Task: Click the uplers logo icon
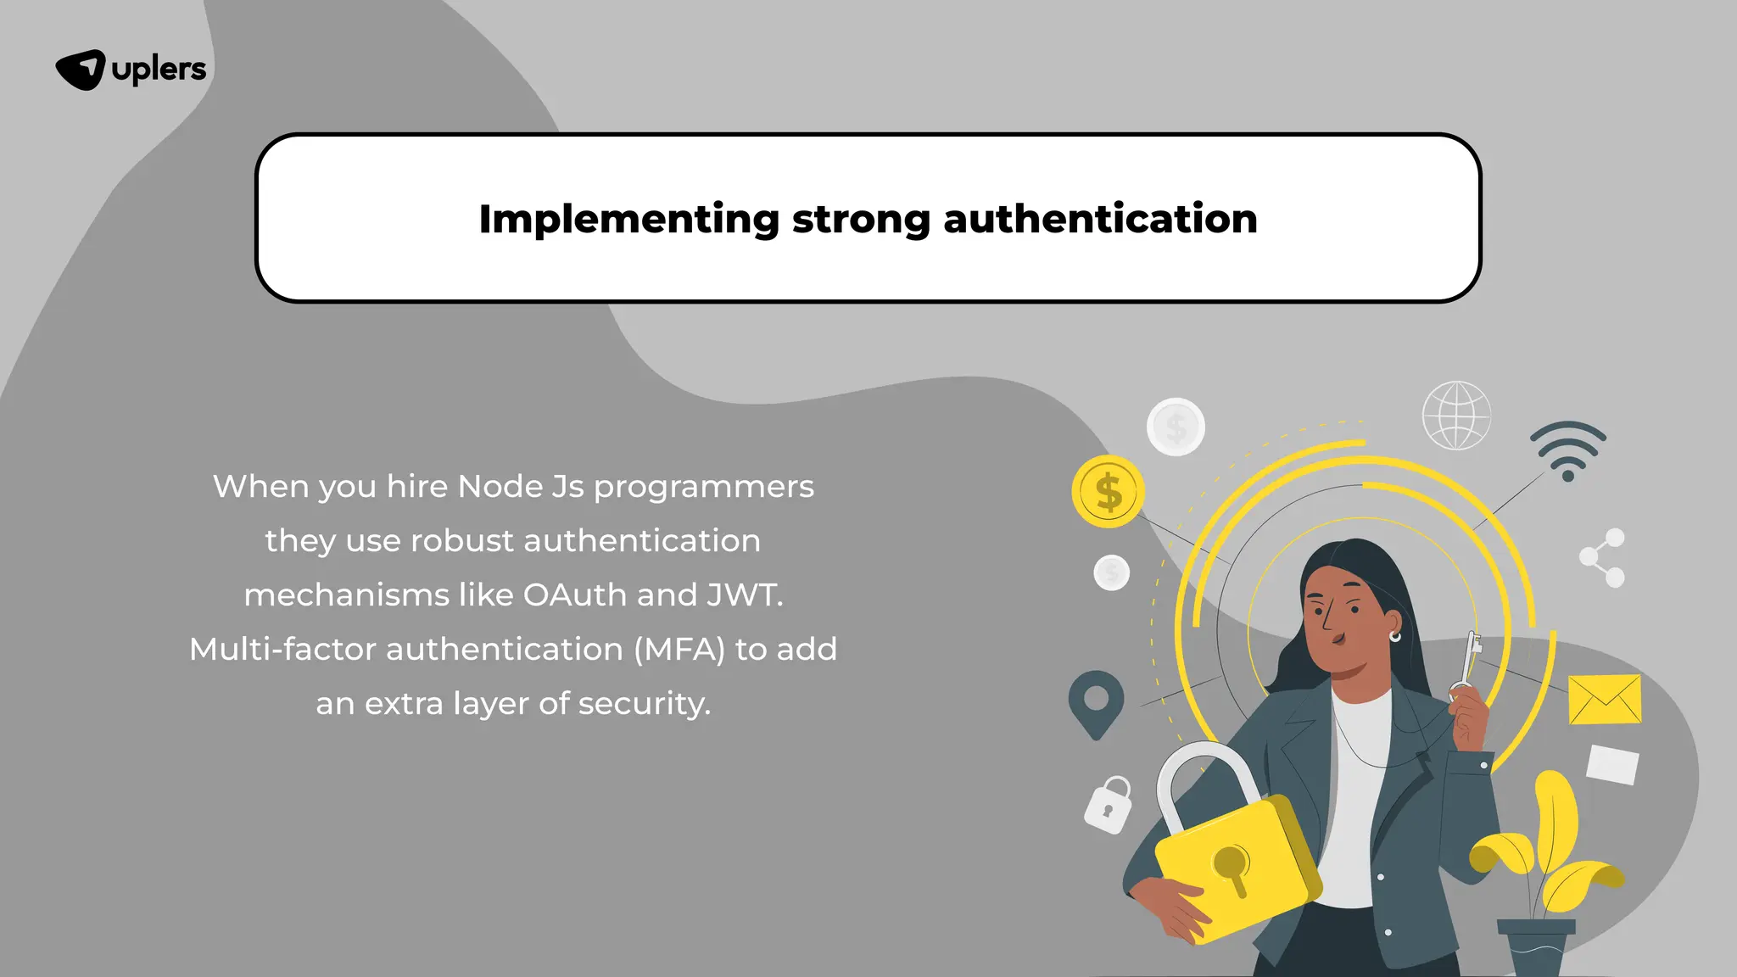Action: [81, 70]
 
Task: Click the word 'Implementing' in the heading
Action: [628, 219]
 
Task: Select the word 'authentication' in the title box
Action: [1100, 219]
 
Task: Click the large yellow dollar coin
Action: [1108, 492]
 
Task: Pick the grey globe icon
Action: [1455, 416]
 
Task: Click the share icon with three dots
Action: [1602, 557]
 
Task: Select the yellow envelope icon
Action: [1604, 700]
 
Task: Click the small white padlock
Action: [1109, 806]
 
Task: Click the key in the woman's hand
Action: [1468, 665]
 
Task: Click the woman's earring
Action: [1394, 636]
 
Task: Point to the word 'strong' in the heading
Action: [861, 219]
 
